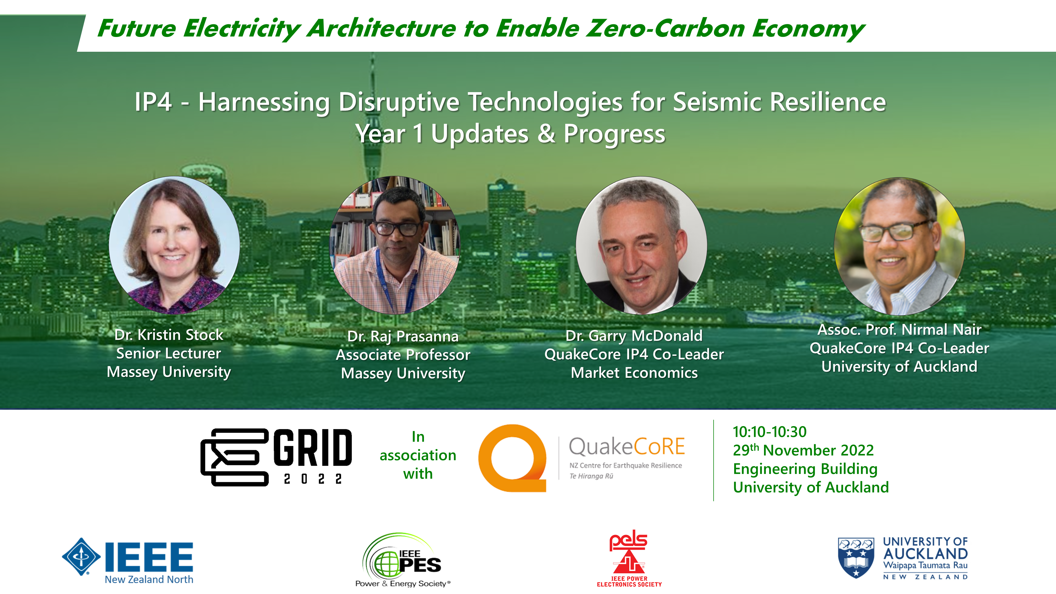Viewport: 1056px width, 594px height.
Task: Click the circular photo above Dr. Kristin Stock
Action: pyautogui.click(x=174, y=245)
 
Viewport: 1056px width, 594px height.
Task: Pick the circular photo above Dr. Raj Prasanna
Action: pyautogui.click(x=395, y=245)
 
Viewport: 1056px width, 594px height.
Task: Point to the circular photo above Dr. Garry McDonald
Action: pyautogui.click(x=641, y=245)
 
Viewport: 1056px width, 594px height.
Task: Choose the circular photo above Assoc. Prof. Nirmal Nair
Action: pyautogui.click(x=899, y=246)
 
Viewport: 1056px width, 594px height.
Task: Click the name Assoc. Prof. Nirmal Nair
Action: pyautogui.click(x=899, y=329)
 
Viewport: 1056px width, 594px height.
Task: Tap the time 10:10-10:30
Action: pyautogui.click(x=770, y=432)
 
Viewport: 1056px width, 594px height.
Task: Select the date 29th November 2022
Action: pyautogui.click(x=803, y=450)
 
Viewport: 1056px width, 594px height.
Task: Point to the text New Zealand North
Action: pyautogui.click(x=149, y=579)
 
